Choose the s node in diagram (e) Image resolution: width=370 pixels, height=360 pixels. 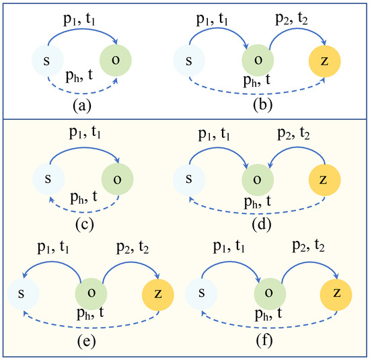[24, 294]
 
